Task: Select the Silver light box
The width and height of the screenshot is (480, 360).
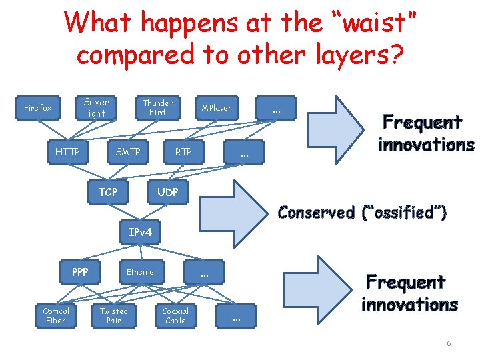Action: click(x=96, y=108)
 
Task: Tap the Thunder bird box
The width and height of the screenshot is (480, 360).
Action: click(x=158, y=108)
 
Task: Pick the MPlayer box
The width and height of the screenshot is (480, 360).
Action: click(x=217, y=108)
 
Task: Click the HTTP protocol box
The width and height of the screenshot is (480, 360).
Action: click(x=67, y=152)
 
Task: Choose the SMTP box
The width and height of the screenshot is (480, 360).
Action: click(x=128, y=152)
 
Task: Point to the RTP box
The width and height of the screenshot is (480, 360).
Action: click(x=183, y=152)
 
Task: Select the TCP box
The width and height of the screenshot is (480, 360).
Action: click(x=108, y=192)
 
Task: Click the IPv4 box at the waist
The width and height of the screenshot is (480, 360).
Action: click(x=140, y=232)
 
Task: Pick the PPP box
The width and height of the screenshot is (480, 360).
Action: click(x=80, y=272)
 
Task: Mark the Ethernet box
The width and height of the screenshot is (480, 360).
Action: click(x=141, y=272)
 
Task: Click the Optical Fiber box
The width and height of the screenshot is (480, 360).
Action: click(x=56, y=316)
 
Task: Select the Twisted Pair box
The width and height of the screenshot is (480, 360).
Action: click(x=114, y=316)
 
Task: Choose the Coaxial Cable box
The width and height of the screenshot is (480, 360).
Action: click(x=175, y=316)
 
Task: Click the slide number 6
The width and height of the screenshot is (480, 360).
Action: click(x=449, y=343)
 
